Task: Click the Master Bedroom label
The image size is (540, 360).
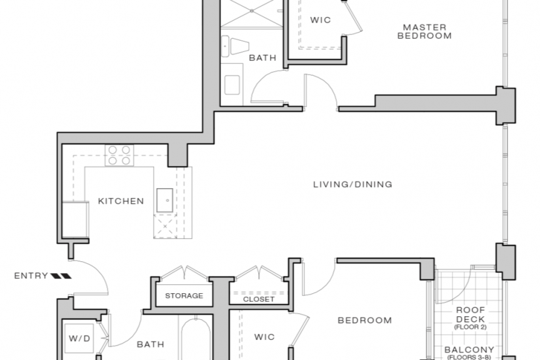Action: (x=424, y=31)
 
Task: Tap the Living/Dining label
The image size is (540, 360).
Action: (x=352, y=184)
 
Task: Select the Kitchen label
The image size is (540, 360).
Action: (x=121, y=201)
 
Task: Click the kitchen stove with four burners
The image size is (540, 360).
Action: (x=119, y=156)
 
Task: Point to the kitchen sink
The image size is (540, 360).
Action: (x=164, y=200)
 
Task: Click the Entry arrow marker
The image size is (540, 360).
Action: (x=61, y=276)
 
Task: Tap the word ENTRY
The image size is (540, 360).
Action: (x=31, y=276)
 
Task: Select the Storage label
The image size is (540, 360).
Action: (x=184, y=296)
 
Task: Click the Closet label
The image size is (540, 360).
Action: (x=259, y=299)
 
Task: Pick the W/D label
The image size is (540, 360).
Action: (x=79, y=338)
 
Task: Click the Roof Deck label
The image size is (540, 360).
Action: (x=471, y=314)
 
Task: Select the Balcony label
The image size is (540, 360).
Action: (x=469, y=349)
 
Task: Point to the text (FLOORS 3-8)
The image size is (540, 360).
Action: (x=469, y=357)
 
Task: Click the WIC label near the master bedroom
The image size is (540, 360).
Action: (x=320, y=20)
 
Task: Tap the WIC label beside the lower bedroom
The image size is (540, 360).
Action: (x=264, y=337)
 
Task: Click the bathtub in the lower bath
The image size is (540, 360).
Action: (x=195, y=339)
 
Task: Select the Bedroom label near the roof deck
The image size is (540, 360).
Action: (x=365, y=321)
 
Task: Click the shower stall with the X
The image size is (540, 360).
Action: (x=251, y=13)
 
